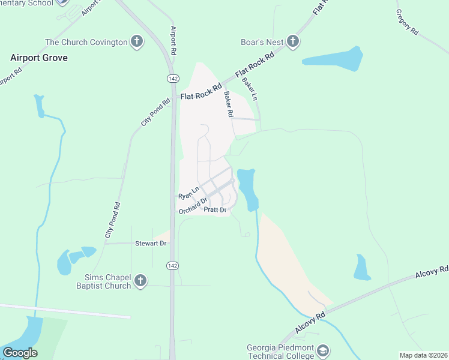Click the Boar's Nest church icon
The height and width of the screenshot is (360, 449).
293,41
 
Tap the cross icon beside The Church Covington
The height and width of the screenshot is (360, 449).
137,42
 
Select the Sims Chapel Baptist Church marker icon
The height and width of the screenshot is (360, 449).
140,281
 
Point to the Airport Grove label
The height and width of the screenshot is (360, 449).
39,58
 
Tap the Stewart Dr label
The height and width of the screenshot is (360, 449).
150,244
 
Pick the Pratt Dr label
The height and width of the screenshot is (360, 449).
215,210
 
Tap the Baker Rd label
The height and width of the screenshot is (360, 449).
228,104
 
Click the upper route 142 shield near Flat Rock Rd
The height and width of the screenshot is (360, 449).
172,78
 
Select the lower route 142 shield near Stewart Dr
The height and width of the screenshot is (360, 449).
172,265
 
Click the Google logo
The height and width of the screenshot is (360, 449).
20,353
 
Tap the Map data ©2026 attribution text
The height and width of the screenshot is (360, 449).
423,355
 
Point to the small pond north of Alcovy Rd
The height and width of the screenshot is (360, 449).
361,268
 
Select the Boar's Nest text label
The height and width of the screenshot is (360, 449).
262,41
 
